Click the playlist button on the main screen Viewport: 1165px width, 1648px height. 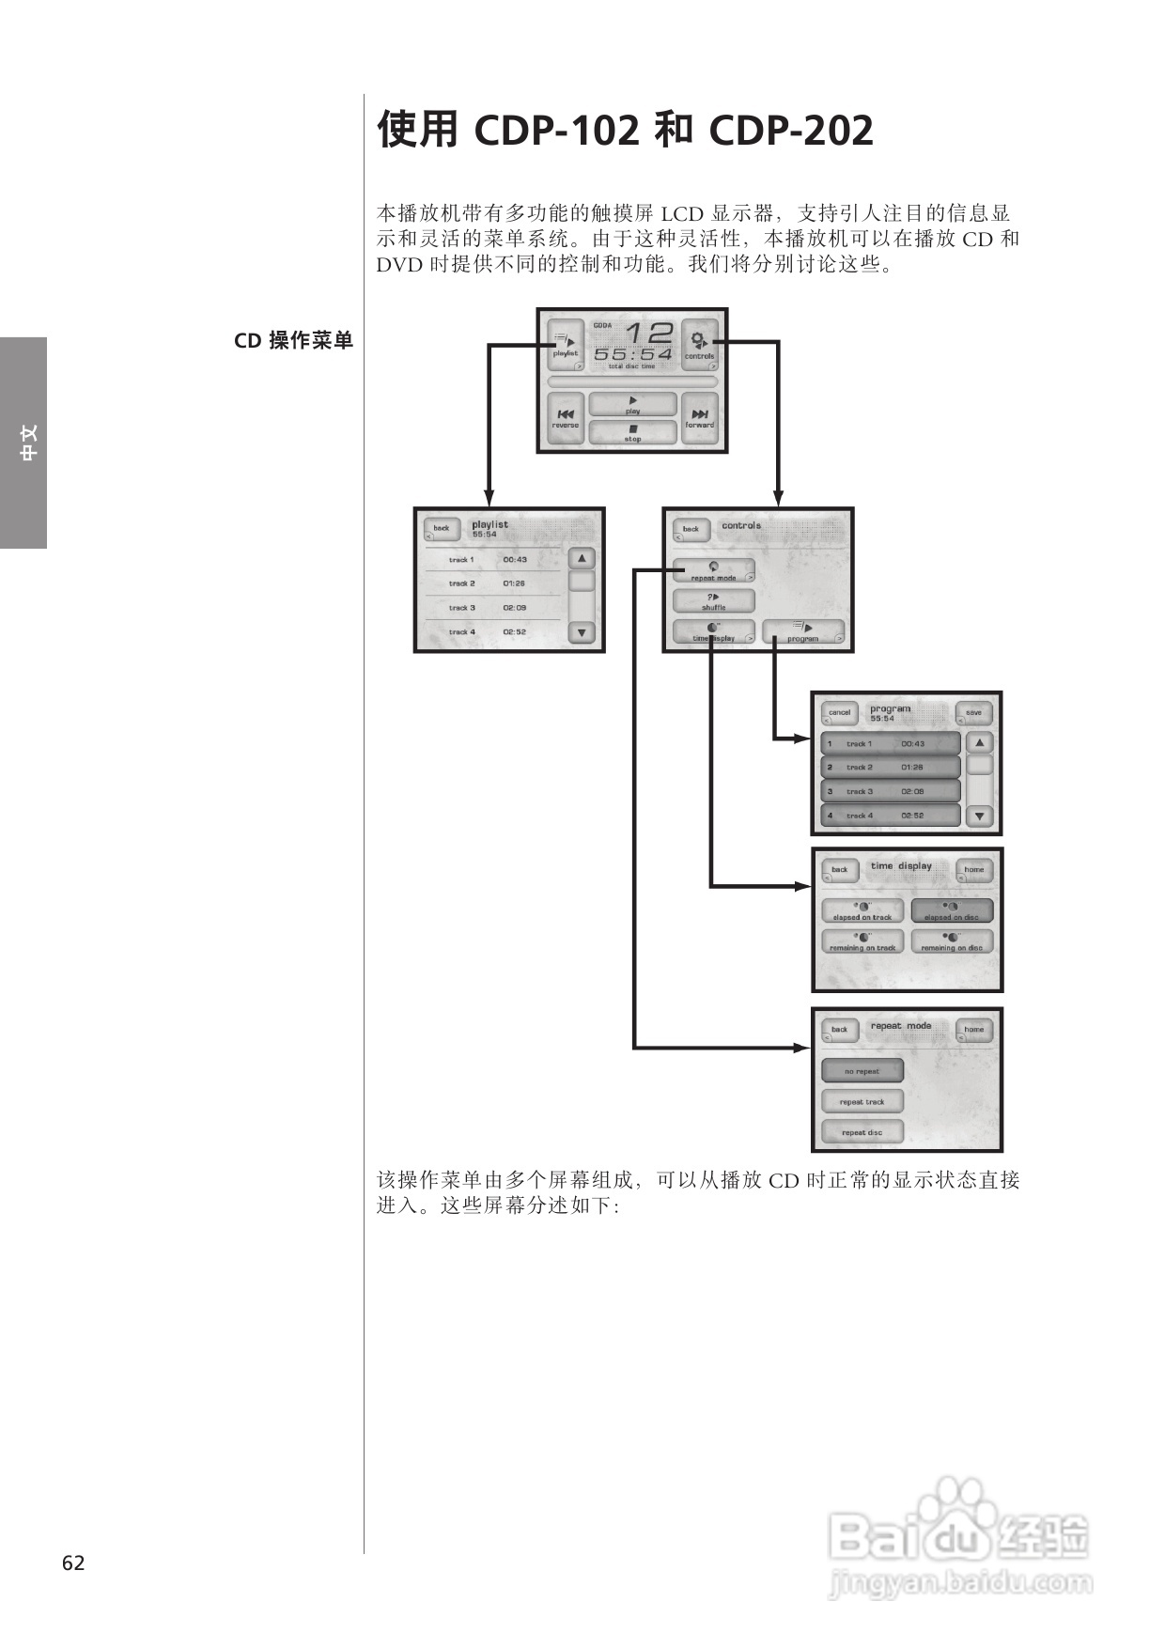pos(566,345)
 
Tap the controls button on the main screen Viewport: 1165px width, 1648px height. pos(699,345)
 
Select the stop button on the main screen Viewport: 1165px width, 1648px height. pos(632,433)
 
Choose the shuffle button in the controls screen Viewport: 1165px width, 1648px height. pos(713,601)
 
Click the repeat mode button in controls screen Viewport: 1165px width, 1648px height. pos(713,571)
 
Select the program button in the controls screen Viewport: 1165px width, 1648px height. pos(802,631)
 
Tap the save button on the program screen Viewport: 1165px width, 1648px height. pos(973,713)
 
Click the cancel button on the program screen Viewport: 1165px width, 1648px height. pos(839,713)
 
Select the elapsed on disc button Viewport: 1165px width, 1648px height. pos(952,911)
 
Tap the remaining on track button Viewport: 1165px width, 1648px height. pos(862,941)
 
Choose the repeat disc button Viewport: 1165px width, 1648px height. pos(862,1131)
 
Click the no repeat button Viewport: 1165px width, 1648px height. pos(862,1070)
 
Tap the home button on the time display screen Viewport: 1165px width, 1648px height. pos(973,870)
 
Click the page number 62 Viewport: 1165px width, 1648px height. pos(73,1563)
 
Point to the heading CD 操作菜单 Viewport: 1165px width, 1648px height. pos(293,341)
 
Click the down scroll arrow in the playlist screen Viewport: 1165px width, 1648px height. pos(582,633)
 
